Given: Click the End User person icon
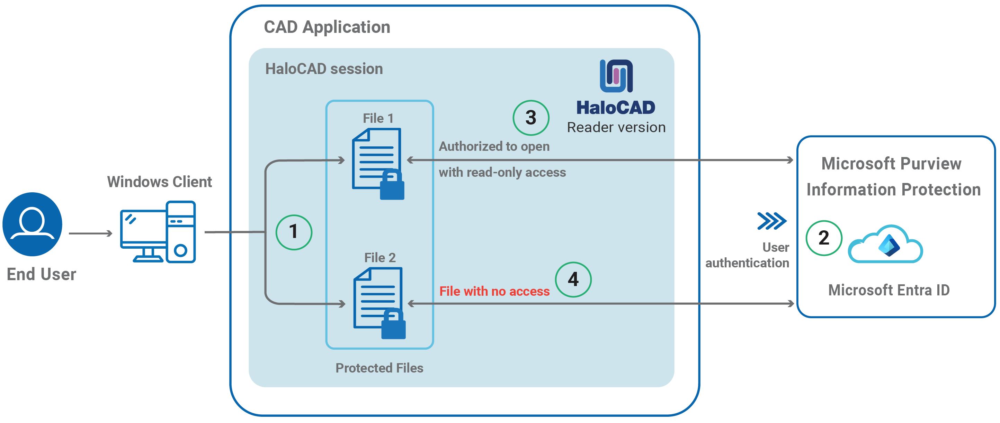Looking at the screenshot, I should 32,224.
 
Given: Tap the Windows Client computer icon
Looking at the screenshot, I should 158,232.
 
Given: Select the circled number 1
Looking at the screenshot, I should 294,232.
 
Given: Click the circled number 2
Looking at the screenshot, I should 824,238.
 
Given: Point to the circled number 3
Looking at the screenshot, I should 531,118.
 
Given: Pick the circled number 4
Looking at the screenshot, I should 573,279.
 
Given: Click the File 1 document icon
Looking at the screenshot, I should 376,159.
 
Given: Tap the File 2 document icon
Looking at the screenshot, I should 377,298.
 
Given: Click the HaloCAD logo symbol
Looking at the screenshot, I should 616,76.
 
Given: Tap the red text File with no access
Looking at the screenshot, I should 494,291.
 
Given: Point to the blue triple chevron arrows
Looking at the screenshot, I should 772,221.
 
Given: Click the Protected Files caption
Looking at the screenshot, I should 379,368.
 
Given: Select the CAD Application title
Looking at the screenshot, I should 327,27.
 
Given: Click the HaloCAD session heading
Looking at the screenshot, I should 324,69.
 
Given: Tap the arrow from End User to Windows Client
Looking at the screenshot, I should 90,233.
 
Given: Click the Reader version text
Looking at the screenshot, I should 616,128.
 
